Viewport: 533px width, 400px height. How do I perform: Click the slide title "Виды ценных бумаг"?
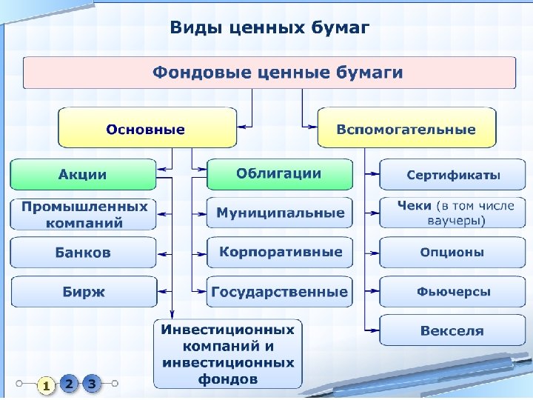(x=269, y=28)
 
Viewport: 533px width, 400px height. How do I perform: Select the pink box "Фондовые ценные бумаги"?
(x=269, y=73)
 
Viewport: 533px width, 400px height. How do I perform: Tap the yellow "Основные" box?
(x=147, y=128)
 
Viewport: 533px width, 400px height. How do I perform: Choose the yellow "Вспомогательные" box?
(x=406, y=128)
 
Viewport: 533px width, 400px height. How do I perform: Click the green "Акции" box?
(x=83, y=175)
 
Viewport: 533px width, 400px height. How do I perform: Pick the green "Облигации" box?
(x=279, y=174)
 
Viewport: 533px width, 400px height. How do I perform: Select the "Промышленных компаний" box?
(x=83, y=214)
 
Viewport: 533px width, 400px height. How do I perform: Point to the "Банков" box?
(x=83, y=253)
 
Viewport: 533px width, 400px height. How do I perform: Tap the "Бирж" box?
(x=83, y=292)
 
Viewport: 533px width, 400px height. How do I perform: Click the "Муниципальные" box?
(x=279, y=213)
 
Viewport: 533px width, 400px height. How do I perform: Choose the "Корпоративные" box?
(x=279, y=252)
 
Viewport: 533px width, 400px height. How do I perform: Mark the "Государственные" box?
(x=279, y=292)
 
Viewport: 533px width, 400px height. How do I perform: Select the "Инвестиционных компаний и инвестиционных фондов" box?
(x=228, y=354)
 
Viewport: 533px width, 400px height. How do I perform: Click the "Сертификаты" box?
(x=453, y=175)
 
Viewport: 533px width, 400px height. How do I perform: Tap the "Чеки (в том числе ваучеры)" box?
(x=453, y=213)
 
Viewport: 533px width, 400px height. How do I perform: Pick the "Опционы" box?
(x=453, y=253)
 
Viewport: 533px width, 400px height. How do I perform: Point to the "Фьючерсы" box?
(x=453, y=292)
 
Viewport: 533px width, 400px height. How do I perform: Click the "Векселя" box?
(x=453, y=330)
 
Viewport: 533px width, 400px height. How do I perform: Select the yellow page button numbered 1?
(x=46, y=385)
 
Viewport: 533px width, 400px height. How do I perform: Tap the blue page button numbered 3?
(x=91, y=384)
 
